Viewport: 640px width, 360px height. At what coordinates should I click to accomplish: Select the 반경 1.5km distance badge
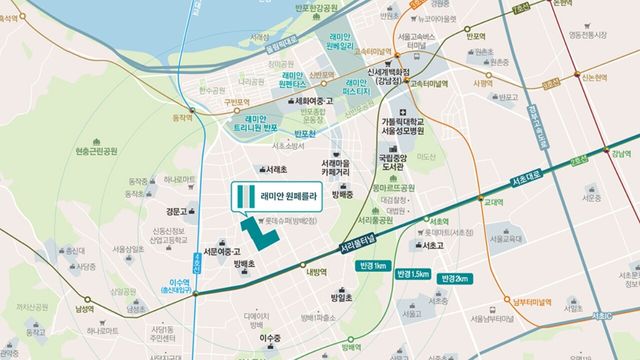click(x=412, y=272)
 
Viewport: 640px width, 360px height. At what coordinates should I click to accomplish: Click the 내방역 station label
click(x=318, y=270)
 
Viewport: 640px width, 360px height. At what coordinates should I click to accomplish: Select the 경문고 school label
click(x=177, y=211)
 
